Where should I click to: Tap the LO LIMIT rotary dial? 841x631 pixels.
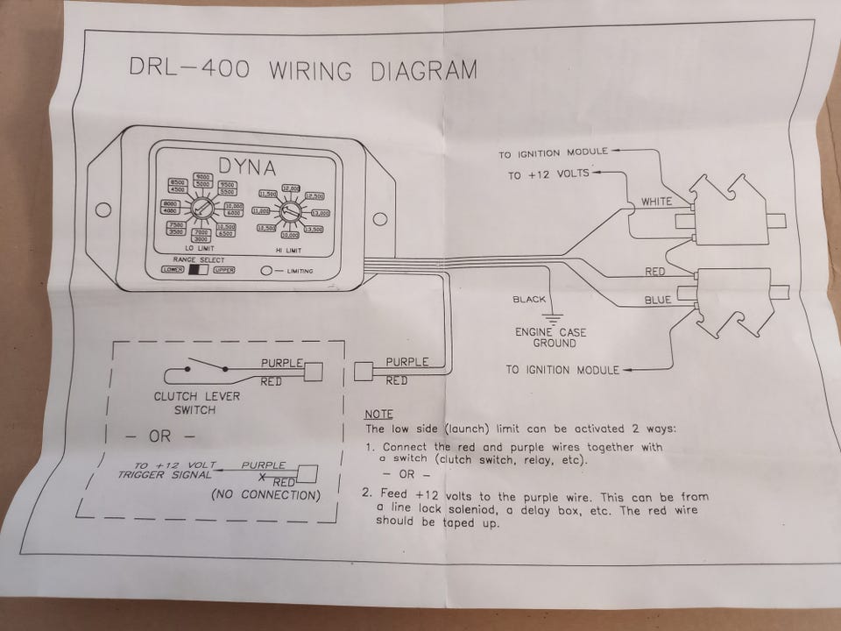tap(200, 209)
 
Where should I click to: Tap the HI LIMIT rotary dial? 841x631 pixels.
tap(290, 211)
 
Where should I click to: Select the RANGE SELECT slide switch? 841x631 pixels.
tap(199, 270)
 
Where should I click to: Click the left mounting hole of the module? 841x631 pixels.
tap(103, 209)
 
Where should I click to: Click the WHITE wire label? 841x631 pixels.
tap(656, 202)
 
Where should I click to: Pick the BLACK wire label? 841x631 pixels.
tap(529, 300)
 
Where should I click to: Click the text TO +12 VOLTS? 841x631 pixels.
tap(548, 175)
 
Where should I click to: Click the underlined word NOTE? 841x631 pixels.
tap(379, 413)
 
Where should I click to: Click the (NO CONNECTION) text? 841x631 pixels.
tap(265, 495)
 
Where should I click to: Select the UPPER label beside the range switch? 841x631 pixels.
tap(224, 270)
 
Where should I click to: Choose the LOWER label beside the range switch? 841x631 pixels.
tap(173, 270)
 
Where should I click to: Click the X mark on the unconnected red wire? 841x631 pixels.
tap(262, 478)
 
